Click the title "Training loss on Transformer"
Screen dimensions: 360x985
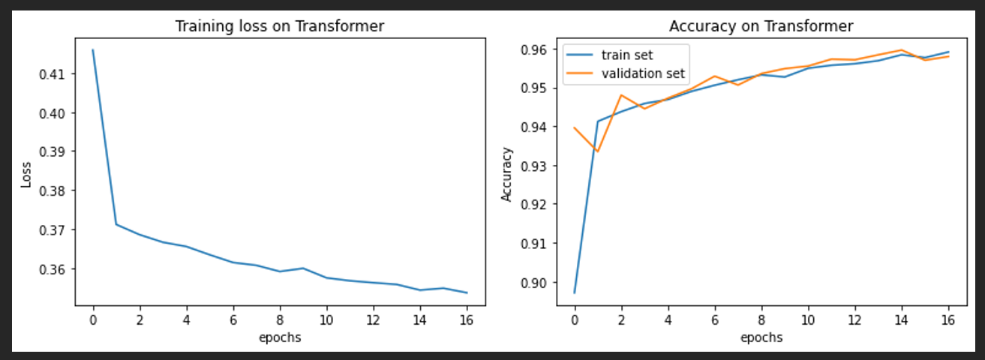280,26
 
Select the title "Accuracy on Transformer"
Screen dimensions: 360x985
761,26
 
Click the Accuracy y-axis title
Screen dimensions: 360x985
506,174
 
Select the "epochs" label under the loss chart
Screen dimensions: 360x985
280,337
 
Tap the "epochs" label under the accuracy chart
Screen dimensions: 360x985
761,337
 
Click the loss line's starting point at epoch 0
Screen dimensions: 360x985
93,50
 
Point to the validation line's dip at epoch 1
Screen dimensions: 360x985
597,151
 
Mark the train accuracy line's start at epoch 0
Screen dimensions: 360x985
574,292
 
